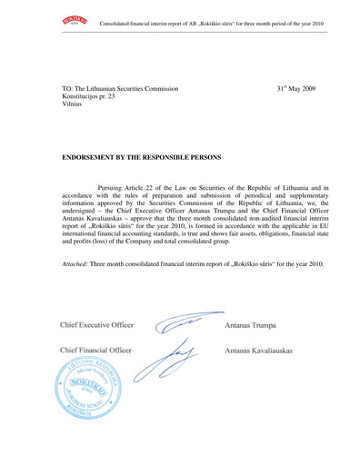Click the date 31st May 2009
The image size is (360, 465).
click(298, 90)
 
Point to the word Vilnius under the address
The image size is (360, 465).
click(75, 111)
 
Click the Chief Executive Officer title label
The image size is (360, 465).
click(97, 324)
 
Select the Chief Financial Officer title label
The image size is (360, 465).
click(95, 350)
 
